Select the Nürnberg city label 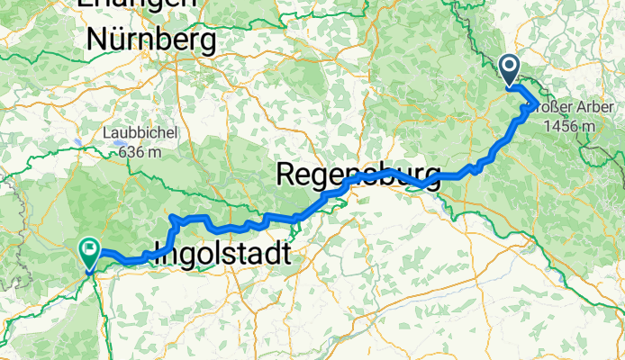pyautogui.click(x=150, y=40)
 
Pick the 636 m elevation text pyautogui.click(x=140, y=151)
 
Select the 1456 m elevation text pyautogui.click(x=569, y=126)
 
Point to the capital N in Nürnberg pyautogui.click(x=95, y=40)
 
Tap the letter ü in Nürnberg pyautogui.click(x=118, y=40)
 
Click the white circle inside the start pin pyautogui.click(x=510, y=66)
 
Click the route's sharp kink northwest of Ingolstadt pyautogui.click(x=172, y=219)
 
